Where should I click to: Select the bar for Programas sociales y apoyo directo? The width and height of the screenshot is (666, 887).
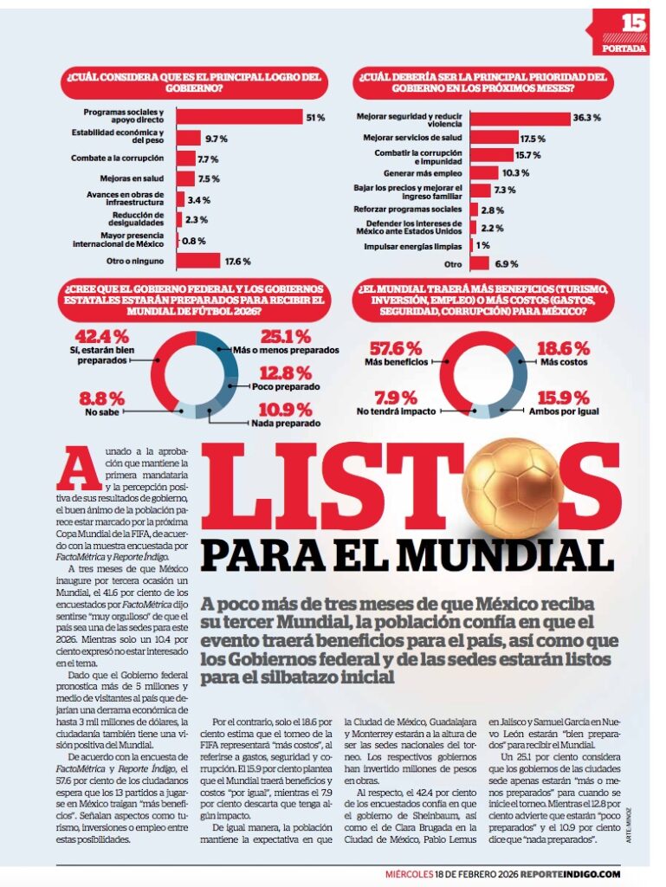[x=237, y=117]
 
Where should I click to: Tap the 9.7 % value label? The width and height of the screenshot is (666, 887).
[x=216, y=139]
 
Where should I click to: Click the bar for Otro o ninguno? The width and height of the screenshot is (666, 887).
[x=198, y=261]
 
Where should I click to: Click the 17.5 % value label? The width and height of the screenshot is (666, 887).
[x=532, y=139]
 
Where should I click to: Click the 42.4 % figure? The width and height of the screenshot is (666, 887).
[x=102, y=336]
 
